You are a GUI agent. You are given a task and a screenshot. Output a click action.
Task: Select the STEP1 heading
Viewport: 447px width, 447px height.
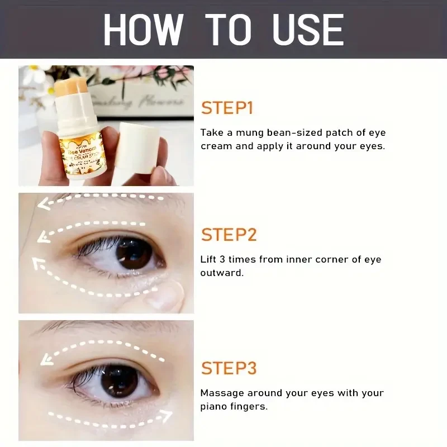point(227,108)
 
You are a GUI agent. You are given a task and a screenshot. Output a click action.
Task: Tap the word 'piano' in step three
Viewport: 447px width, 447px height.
point(215,406)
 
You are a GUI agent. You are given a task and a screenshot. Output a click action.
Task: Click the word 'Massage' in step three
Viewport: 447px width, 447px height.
point(222,393)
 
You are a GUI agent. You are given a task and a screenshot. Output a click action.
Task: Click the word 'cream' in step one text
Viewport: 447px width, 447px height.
point(213,146)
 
